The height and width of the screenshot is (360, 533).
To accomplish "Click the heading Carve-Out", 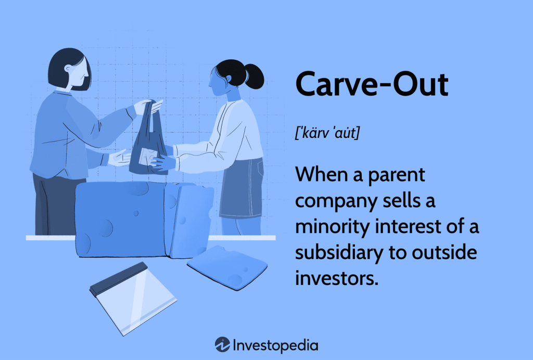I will click(371, 84).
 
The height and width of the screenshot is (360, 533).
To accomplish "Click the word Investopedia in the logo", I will click(276, 345).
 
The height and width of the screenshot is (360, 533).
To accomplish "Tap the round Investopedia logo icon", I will click(222, 344).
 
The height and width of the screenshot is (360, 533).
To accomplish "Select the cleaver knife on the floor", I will click(133, 298).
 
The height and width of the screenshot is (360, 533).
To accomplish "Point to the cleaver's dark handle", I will click(118, 275).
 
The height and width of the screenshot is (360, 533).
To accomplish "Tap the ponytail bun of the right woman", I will click(255, 78).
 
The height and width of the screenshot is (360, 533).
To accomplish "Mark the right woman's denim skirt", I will click(242, 188).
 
